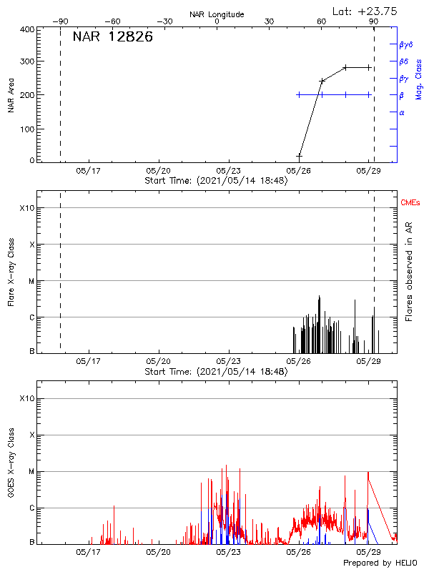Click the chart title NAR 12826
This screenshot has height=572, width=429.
coord(113,37)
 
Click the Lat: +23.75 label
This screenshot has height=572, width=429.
coord(365,11)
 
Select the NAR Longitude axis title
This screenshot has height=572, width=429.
coord(217,14)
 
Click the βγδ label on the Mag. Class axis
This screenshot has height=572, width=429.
coord(406,44)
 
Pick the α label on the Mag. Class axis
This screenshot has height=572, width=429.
coord(401,112)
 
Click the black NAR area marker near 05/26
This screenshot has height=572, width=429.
coord(299,155)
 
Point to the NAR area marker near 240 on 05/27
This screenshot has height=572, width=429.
coord(322,81)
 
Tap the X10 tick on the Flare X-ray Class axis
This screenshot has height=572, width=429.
coord(26,208)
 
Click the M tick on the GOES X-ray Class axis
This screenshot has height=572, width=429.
coord(31,472)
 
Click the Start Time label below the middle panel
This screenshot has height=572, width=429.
coord(216,372)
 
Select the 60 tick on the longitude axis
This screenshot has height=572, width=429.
coord(322,21)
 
